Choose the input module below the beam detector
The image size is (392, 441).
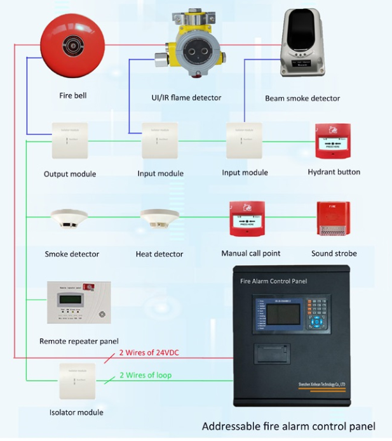pos(245,140)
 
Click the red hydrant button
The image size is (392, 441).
pos(333,142)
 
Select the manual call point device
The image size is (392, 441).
pos(248,219)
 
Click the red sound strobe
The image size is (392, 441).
pos(333,220)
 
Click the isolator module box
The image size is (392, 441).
pos(76,381)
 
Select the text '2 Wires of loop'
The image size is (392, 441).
pos(145,375)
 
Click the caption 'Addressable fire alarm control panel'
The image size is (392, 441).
pos(288,426)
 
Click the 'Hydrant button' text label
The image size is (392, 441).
pos(334,172)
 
